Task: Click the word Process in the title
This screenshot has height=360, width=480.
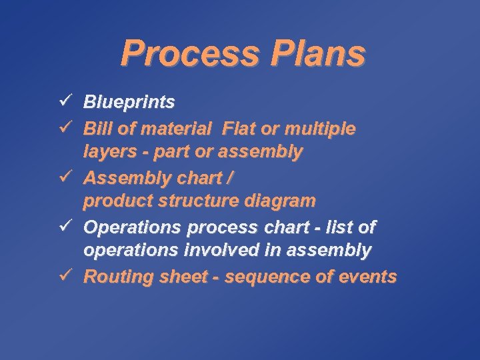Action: [x=190, y=53]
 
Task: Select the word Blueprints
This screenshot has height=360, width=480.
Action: [x=129, y=102]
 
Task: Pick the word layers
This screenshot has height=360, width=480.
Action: [x=107, y=152]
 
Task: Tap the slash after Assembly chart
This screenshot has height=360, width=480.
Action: [x=229, y=178]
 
